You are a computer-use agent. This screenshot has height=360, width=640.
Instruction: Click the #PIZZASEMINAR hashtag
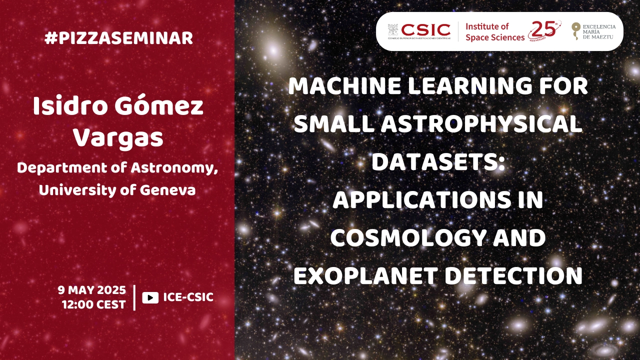pyautogui.click(x=119, y=38)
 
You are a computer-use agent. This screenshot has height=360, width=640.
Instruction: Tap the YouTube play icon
pyautogui.click(x=150, y=297)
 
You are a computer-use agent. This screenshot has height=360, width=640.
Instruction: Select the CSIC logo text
pyautogui.click(x=425, y=30)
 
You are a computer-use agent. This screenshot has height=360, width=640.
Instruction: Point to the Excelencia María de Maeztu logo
pyautogui.click(x=593, y=31)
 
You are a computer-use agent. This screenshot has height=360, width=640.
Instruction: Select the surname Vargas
pyautogui.click(x=118, y=138)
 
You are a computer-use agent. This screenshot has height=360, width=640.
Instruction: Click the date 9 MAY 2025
pyautogui.click(x=91, y=290)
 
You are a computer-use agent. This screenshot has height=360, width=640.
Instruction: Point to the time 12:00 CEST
pyautogui.click(x=94, y=304)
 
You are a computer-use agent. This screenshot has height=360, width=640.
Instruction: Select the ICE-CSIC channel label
pyautogui.click(x=188, y=297)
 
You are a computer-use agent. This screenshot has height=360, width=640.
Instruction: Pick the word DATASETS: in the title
pyautogui.click(x=438, y=161)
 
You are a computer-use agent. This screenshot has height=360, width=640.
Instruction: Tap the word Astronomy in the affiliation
pyautogui.click(x=174, y=168)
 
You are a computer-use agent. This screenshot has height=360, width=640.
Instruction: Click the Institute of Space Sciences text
pyautogui.click(x=495, y=32)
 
